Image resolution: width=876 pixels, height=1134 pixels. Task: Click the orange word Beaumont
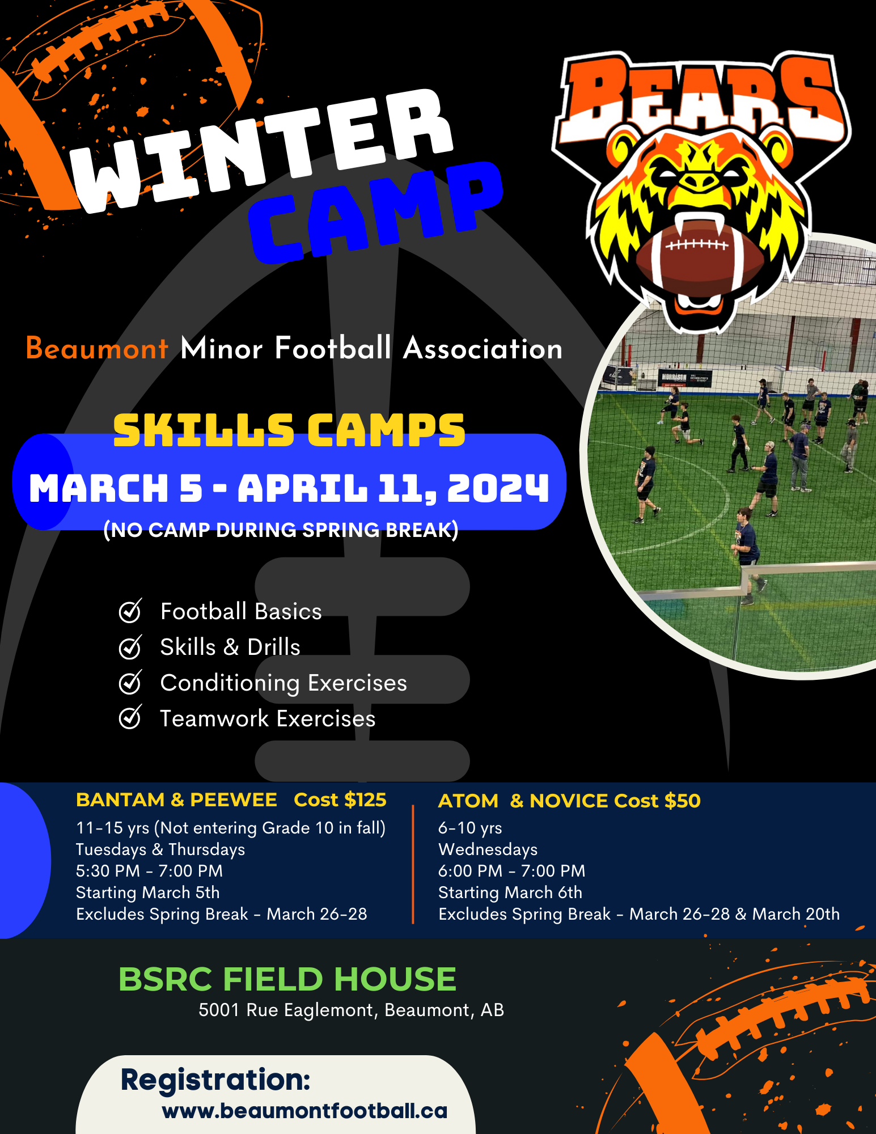[97, 348]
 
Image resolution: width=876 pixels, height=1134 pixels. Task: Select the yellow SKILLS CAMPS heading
[289, 429]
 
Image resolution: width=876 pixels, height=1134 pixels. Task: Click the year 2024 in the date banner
[498, 488]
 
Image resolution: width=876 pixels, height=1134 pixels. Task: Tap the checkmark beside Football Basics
[130, 611]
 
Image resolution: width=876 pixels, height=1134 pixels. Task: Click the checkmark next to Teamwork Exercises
[130, 718]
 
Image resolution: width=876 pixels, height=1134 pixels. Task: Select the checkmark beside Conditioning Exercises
[130, 682]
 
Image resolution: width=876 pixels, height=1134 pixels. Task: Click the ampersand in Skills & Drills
[231, 647]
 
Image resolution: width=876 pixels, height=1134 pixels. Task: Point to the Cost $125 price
[340, 799]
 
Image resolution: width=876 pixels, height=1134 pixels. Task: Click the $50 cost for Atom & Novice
[683, 801]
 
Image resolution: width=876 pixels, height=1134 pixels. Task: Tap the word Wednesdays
[488, 849]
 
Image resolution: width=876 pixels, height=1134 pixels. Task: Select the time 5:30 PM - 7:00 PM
[149, 871]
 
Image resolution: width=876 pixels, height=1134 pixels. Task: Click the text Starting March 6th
[510, 892]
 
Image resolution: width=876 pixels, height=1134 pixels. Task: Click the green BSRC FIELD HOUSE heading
[287, 979]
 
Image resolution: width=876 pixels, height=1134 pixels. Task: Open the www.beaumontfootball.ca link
[304, 1111]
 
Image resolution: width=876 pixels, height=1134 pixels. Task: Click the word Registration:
[215, 1080]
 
